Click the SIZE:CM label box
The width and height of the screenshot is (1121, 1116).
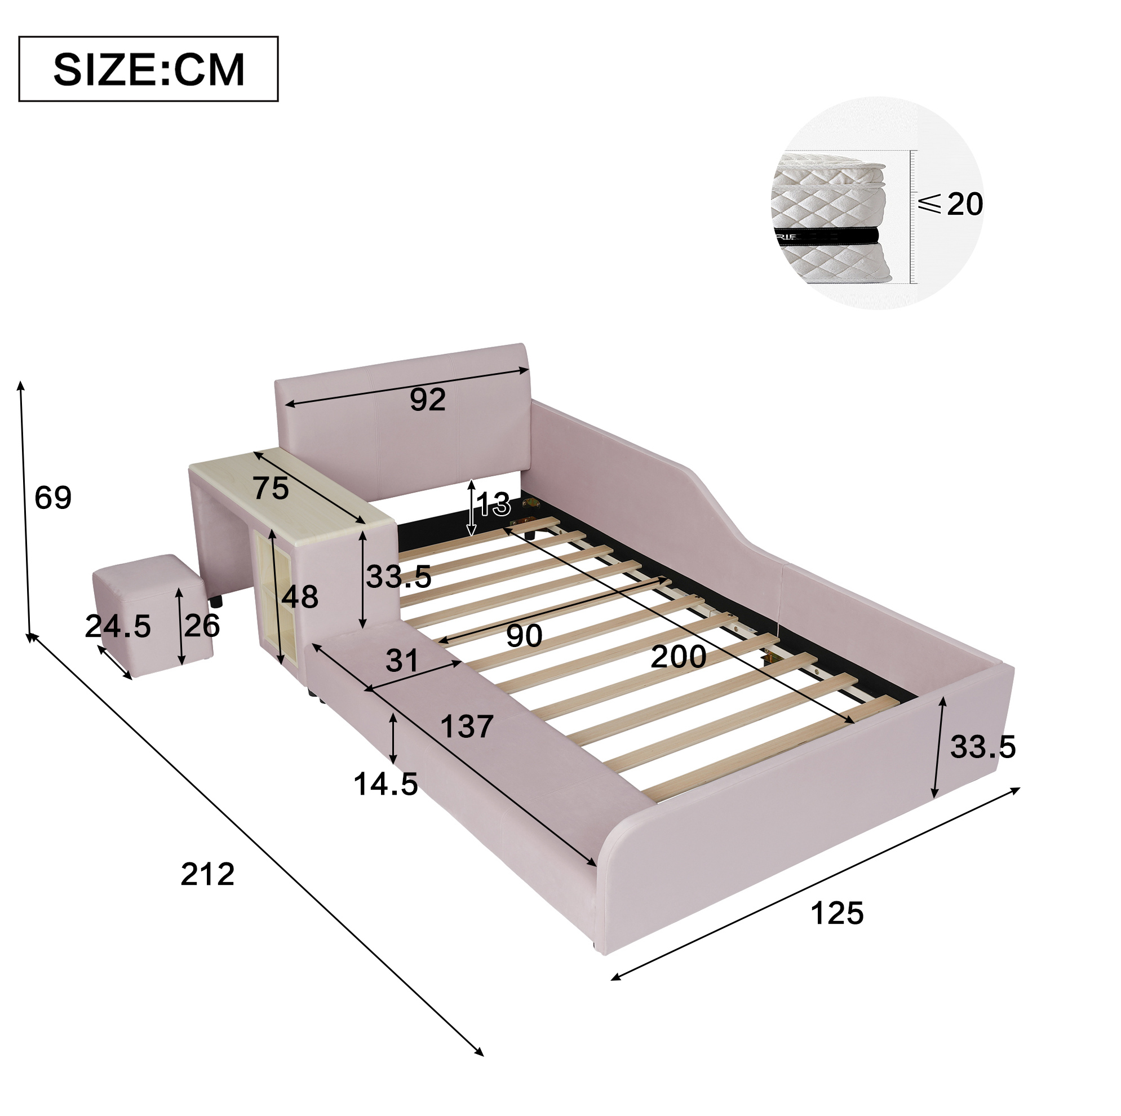(149, 69)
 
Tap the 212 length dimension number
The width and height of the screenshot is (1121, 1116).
(207, 874)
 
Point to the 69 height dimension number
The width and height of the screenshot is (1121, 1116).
(53, 497)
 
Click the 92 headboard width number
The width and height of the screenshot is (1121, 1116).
(428, 399)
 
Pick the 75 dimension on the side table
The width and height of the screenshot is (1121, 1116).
(271, 488)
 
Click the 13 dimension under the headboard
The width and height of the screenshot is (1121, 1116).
(494, 504)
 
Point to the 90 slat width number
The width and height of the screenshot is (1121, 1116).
(524, 636)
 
